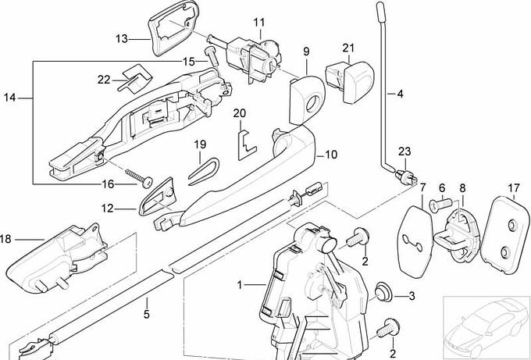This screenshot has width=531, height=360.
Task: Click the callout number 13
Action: point(122,37)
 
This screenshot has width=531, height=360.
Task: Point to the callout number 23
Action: point(404,151)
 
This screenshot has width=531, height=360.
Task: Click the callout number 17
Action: point(513,187)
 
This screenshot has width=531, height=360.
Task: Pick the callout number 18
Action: point(5,238)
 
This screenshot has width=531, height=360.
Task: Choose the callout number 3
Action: point(411,296)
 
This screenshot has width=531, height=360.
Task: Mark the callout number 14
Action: point(9,98)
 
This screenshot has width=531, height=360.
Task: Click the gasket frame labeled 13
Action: point(169,27)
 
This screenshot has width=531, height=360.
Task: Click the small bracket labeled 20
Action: point(247,140)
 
